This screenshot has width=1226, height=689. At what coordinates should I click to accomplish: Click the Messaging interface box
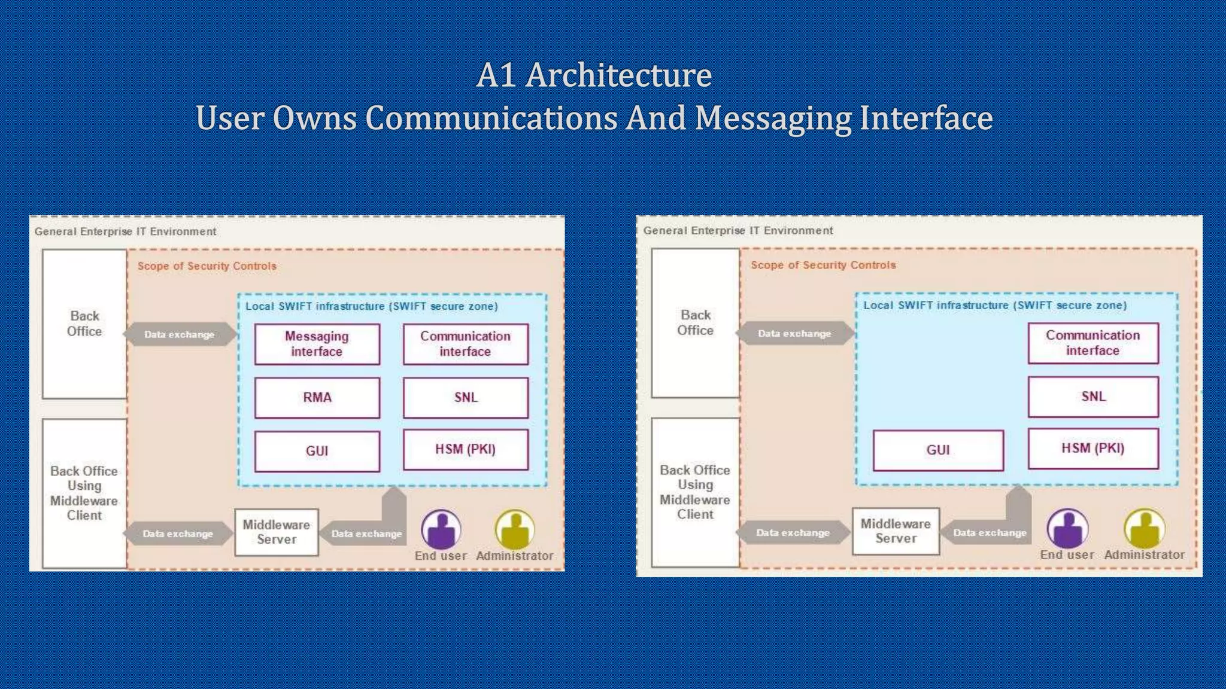pyautogui.click(x=317, y=344)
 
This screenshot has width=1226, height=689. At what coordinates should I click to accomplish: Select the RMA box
pyautogui.click(x=317, y=397)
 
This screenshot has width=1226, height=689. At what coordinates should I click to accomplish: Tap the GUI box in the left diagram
pyautogui.click(x=317, y=451)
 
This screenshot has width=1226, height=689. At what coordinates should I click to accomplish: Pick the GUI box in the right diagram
pyautogui.click(x=938, y=450)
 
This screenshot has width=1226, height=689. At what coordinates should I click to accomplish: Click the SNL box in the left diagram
pyautogui.click(x=466, y=397)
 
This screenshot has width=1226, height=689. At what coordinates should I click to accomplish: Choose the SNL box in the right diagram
pyautogui.click(x=1093, y=396)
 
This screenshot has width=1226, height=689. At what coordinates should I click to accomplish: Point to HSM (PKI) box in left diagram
pyautogui.click(x=466, y=449)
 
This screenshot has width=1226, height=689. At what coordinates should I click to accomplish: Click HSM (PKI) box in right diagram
pyautogui.click(x=1093, y=448)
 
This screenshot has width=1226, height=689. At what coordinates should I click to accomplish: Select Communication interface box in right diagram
pyautogui.click(x=1093, y=343)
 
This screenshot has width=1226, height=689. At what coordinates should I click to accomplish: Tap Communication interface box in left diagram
pyautogui.click(x=466, y=344)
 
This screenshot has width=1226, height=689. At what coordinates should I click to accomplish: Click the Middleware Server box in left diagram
pyautogui.click(x=277, y=532)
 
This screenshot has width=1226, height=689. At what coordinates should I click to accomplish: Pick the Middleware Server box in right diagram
pyautogui.click(x=896, y=531)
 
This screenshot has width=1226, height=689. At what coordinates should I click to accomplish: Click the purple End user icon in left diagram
pyautogui.click(x=441, y=529)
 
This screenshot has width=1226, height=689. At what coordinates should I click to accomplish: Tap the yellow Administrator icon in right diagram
pyautogui.click(x=1144, y=528)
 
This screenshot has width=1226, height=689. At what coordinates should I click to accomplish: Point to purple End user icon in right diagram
pyautogui.click(x=1067, y=528)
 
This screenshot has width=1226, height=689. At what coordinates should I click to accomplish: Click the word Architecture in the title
pyautogui.click(x=618, y=75)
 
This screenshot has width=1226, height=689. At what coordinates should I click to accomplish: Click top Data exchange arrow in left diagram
pyautogui.click(x=180, y=334)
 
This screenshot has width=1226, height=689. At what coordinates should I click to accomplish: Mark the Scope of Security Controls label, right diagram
pyautogui.click(x=823, y=265)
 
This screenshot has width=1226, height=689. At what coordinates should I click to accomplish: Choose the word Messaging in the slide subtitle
pyautogui.click(x=773, y=118)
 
